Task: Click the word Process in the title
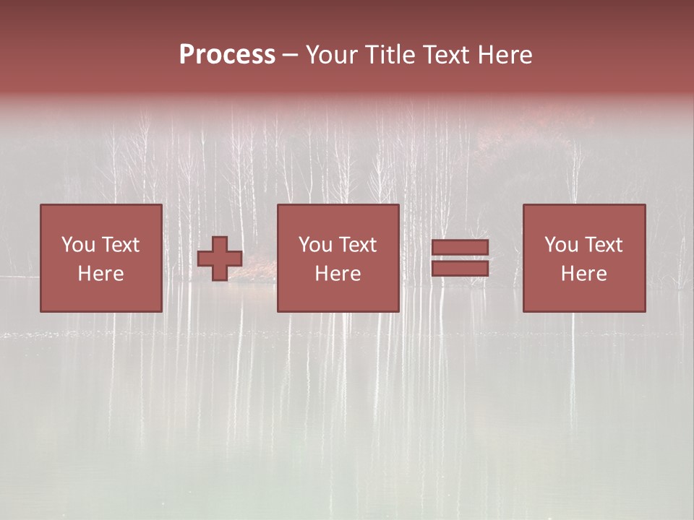227,55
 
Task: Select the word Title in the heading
390,55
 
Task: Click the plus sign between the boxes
220,259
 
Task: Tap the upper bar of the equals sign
460,248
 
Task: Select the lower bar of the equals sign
460,269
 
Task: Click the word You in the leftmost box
78,245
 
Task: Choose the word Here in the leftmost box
100,274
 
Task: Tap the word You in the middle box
315,245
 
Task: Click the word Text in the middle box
357,245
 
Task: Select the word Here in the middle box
338,274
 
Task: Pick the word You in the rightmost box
561,245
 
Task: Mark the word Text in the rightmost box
603,245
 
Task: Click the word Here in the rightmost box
583,274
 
